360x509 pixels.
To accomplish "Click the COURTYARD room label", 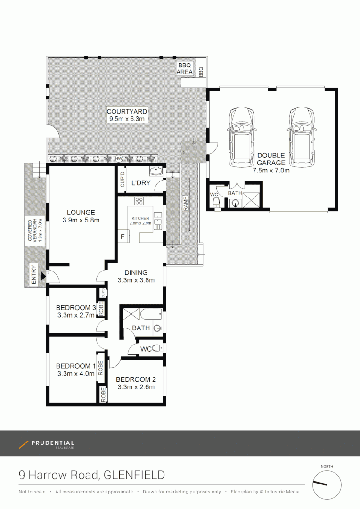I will pos(127,112).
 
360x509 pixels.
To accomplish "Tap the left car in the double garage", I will pos(241,137).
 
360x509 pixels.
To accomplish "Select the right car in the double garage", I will pos(302,137).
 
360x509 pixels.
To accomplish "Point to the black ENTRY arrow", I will pos(43,275).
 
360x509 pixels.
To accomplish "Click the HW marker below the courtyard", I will pos(119,159).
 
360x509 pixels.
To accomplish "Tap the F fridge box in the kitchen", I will pos(123,237).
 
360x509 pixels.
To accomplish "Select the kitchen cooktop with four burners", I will pos(139,201).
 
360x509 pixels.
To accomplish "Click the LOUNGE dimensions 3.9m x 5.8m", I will pos(81,220).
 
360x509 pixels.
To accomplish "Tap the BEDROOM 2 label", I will pos(136,379).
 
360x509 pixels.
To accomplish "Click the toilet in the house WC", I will pos(158,348).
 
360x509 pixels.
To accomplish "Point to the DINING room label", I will pos(136,272).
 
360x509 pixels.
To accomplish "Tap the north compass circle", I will pos(327,485).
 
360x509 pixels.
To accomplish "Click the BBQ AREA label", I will pos(185,68).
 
